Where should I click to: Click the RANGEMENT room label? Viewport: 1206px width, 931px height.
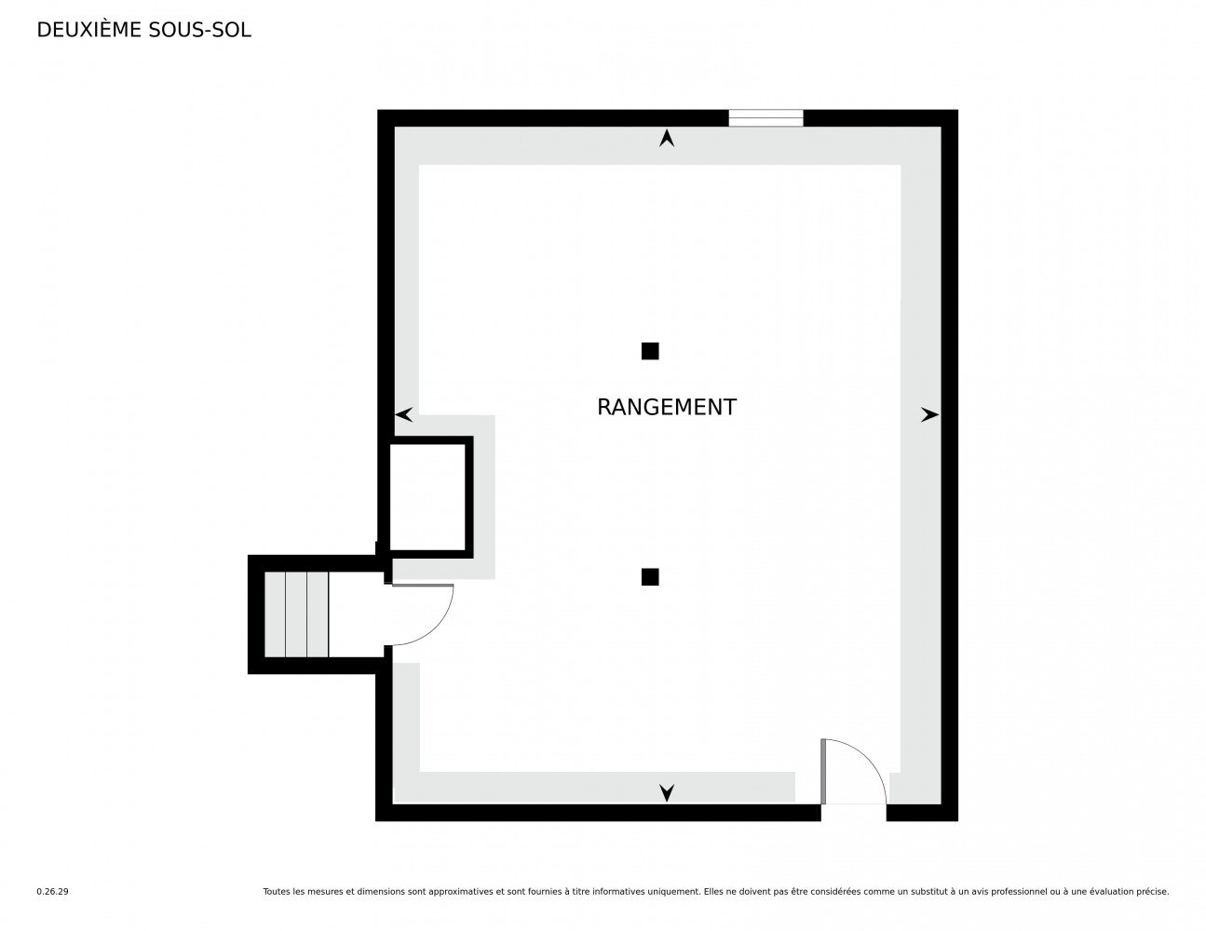(x=666, y=407)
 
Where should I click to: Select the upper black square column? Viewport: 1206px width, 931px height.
(x=650, y=351)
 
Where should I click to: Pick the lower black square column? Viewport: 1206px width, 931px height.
(x=650, y=577)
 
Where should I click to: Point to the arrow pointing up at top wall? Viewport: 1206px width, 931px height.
(x=667, y=138)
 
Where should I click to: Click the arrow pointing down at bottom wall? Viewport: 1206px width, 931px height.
(x=667, y=793)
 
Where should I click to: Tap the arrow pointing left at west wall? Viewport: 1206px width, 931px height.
(x=404, y=414)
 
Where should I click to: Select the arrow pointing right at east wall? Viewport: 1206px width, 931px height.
(x=929, y=414)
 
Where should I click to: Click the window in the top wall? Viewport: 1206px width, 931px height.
(x=766, y=118)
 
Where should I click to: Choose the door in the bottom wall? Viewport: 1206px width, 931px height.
(x=854, y=771)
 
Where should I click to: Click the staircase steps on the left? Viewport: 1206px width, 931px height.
(x=296, y=614)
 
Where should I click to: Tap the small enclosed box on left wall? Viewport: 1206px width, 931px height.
(x=427, y=497)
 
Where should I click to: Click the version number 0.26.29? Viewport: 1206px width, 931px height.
(x=53, y=892)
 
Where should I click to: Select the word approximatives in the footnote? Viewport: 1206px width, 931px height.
(x=461, y=892)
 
